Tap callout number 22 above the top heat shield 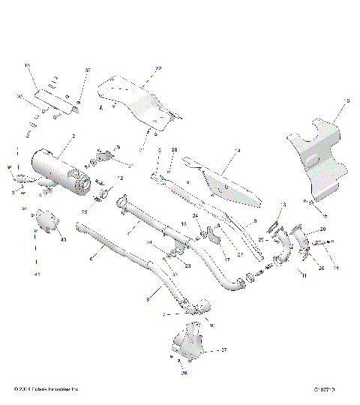pyautogui.click(x=158, y=68)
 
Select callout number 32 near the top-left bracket pyautogui.click(x=88, y=70)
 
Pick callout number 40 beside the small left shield pyautogui.click(x=64, y=240)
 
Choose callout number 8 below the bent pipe pyautogui.click(x=148, y=299)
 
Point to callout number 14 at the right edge pyautogui.click(x=336, y=268)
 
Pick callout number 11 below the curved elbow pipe pyautogui.click(x=303, y=277)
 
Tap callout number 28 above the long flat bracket pyautogui.click(x=174, y=151)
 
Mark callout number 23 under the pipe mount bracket pyautogui.click(x=187, y=266)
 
